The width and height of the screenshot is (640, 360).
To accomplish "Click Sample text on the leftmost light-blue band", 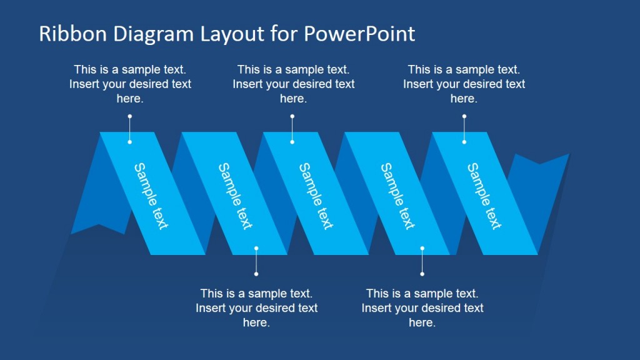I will point(151,196).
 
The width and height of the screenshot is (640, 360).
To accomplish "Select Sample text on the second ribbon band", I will point(234,196).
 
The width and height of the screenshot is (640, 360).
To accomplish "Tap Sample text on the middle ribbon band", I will point(316,196).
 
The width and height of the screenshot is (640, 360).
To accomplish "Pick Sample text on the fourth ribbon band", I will point(398,196).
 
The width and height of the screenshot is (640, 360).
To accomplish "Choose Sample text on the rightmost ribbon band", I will point(484,196).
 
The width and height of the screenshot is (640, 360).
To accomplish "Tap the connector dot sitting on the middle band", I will point(292,142).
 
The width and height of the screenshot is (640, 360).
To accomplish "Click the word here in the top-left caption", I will point(130,99).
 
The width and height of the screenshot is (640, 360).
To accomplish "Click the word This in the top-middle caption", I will point(249,69).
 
